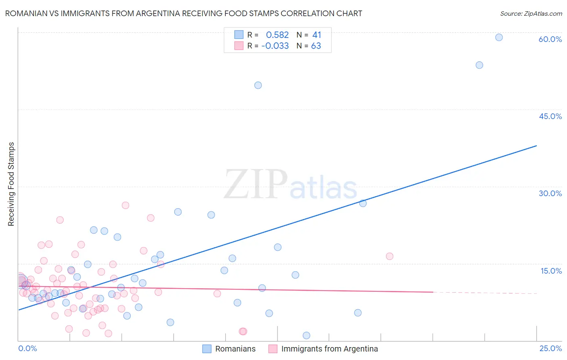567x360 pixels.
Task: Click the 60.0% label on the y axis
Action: coord(550,39)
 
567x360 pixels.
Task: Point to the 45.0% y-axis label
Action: coord(550,116)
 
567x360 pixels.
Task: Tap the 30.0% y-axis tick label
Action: coord(550,193)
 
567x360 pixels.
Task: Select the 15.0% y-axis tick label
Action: coord(551,271)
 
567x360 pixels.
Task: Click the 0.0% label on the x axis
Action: coord(28,348)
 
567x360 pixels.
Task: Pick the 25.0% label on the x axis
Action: coord(550,348)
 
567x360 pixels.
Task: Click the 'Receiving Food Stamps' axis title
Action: coord(11,184)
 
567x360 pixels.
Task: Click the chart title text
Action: coord(183,13)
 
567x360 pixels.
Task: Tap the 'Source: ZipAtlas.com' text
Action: coord(531,13)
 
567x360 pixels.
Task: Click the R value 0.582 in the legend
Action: coord(277,35)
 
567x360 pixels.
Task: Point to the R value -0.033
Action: coord(275,46)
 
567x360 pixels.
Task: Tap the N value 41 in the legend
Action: coord(317,35)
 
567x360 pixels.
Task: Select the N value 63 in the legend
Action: coord(316,46)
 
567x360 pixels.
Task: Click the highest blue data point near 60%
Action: coord(499,38)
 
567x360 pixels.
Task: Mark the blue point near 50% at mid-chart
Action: coord(258,85)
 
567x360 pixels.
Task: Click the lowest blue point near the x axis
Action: coord(306,335)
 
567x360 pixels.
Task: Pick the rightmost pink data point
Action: coord(390,256)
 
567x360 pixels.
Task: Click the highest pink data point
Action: coord(125,205)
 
